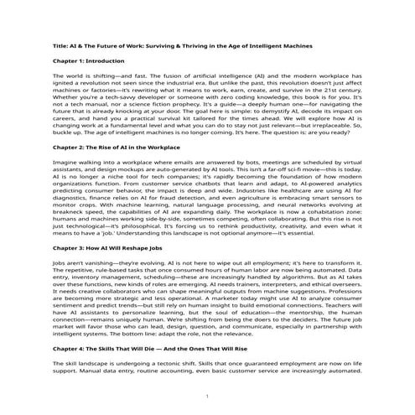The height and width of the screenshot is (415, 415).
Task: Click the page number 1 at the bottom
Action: click(207, 395)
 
